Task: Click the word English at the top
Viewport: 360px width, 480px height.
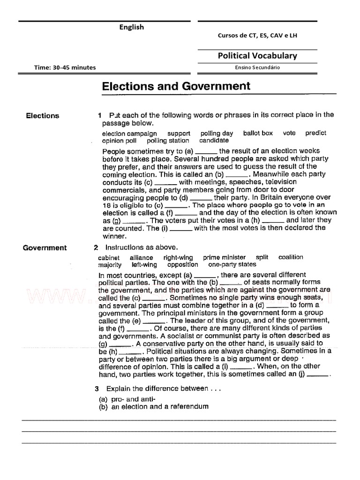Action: (x=131, y=27)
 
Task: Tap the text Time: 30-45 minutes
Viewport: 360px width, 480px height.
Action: (x=65, y=67)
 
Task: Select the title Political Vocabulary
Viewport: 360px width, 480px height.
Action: (x=257, y=56)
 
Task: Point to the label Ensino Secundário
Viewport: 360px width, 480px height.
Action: (x=257, y=67)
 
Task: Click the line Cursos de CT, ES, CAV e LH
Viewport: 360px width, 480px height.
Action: (x=257, y=36)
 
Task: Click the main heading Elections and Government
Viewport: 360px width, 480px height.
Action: (x=176, y=86)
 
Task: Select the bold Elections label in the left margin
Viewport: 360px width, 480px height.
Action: (x=43, y=116)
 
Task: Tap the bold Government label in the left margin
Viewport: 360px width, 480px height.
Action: (x=45, y=248)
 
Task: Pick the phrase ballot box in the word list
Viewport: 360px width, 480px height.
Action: (x=258, y=133)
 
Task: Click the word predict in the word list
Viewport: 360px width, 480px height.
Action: (x=315, y=133)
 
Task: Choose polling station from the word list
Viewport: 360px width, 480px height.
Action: (x=168, y=141)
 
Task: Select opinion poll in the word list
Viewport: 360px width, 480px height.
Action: (x=119, y=141)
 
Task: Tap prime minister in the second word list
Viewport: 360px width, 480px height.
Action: (x=224, y=257)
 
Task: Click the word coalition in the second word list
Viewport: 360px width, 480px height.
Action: (x=291, y=257)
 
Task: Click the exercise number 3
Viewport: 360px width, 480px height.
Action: (x=97, y=389)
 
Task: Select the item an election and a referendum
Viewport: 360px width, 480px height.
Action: (x=160, y=406)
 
